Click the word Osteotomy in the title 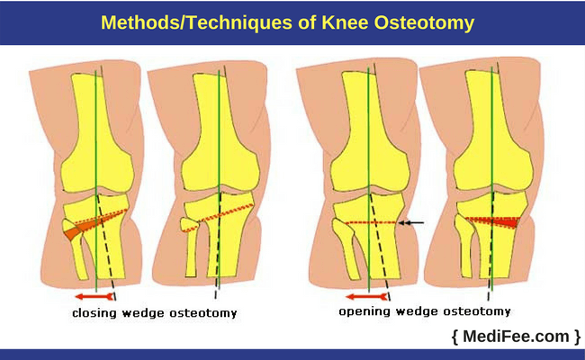click(424, 22)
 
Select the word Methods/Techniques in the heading click(197, 22)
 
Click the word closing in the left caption click(94, 312)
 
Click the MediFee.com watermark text click(517, 336)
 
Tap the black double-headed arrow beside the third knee click(411, 223)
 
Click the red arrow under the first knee click(94, 297)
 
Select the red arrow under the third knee click(367, 297)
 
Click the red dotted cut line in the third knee click(372, 222)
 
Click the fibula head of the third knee click(341, 229)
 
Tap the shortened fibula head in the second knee click(189, 225)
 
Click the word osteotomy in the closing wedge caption click(203, 312)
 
